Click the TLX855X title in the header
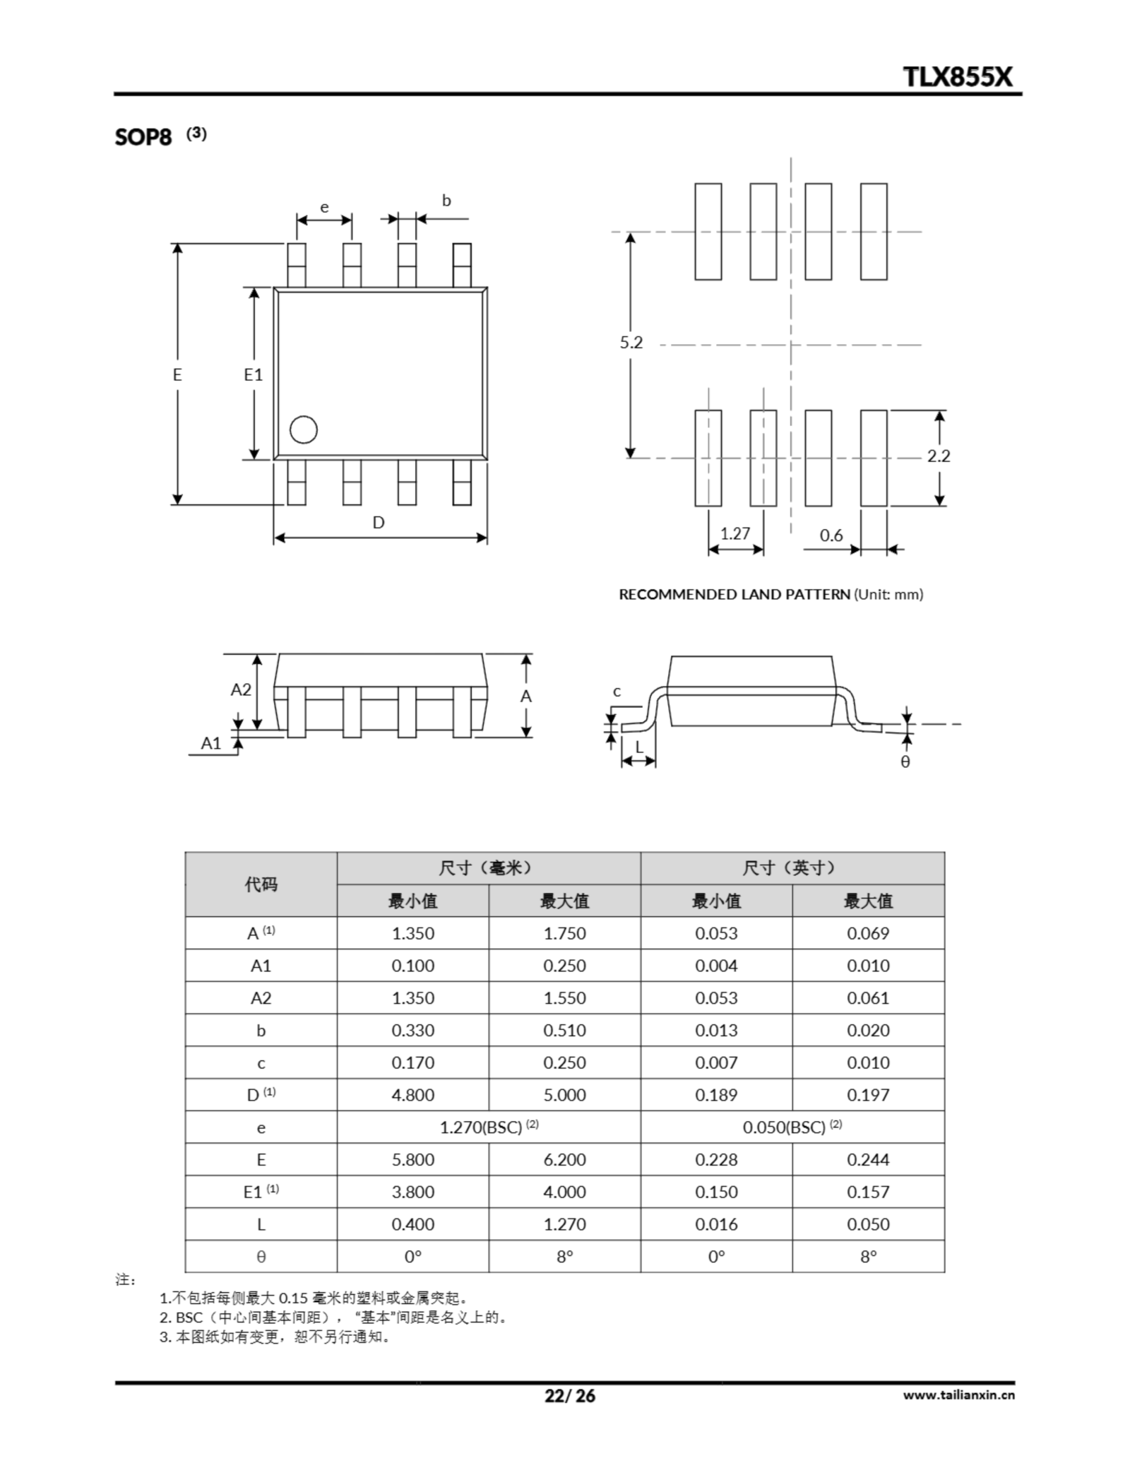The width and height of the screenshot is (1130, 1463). point(958,77)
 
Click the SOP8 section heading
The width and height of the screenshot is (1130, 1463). point(143,137)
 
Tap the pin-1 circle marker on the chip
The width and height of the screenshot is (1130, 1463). point(303,430)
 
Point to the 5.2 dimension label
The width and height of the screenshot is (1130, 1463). point(631,343)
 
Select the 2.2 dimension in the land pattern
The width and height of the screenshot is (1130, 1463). point(939,456)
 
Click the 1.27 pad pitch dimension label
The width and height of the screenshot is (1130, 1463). point(735,534)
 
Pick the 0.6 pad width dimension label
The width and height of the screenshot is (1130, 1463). point(831,535)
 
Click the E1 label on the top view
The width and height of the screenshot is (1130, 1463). point(253,375)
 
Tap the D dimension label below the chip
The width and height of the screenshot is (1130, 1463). point(378,522)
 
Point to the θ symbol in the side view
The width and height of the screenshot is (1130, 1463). point(905,762)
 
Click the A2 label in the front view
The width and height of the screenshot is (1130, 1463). point(241,690)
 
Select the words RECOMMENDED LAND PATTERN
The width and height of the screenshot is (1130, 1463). point(734,594)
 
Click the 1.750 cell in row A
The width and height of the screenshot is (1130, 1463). point(564,933)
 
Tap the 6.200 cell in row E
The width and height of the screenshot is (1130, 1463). point(564,1160)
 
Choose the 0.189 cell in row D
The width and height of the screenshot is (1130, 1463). point(716,1095)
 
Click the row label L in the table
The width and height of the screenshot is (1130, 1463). point(261,1225)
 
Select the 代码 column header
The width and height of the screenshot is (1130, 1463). point(261,884)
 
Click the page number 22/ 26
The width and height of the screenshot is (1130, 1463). point(570,1396)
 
